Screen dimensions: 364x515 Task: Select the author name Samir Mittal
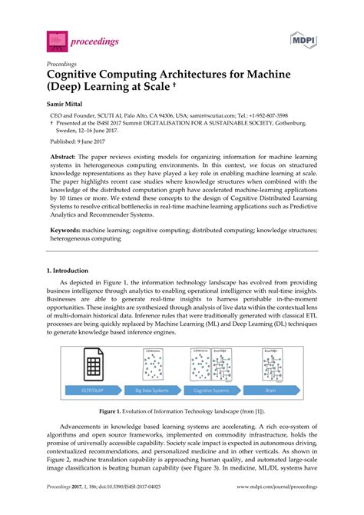(67, 100)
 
